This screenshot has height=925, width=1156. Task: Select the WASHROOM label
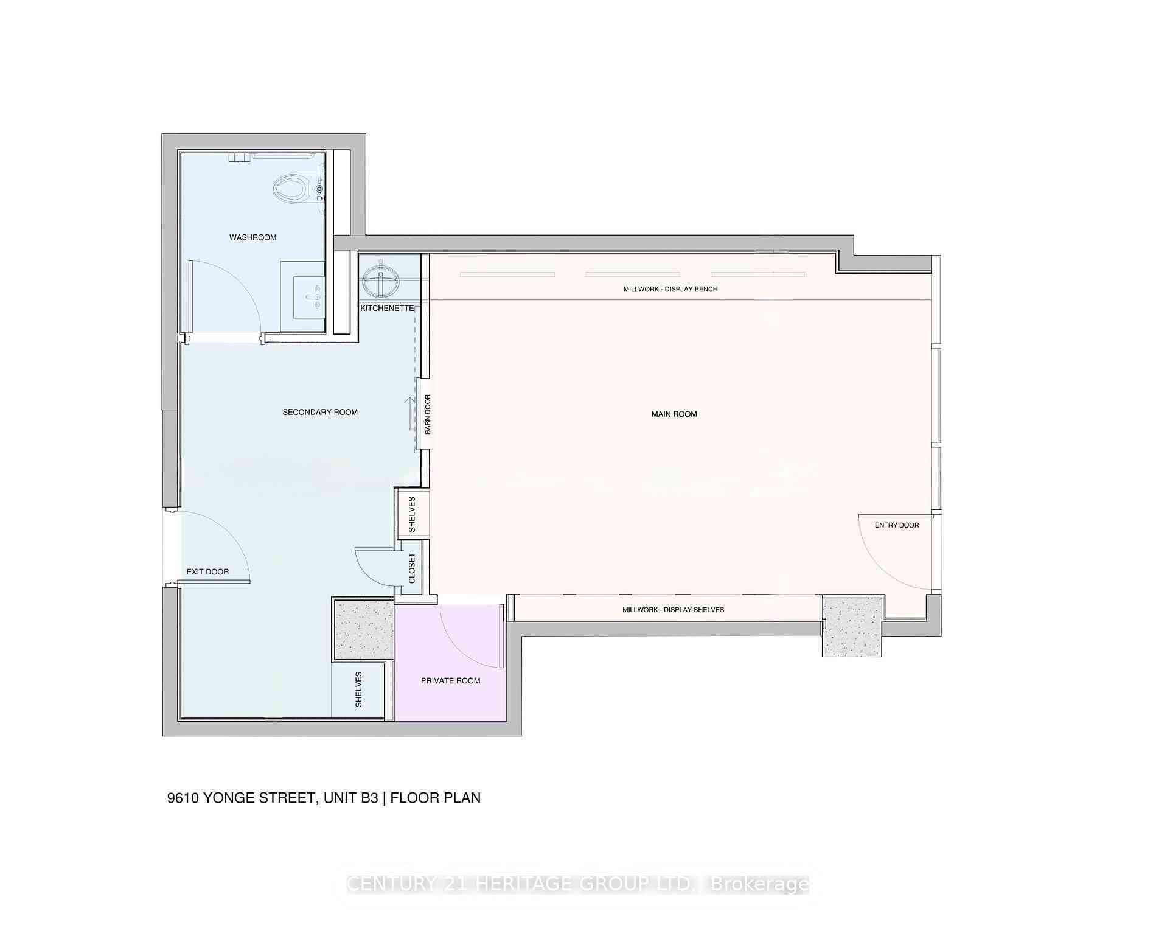252,237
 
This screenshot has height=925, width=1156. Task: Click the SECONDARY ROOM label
320,412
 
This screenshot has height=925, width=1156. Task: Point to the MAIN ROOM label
674,414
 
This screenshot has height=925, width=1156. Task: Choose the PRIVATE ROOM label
450,680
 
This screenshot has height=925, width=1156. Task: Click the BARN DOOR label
428,414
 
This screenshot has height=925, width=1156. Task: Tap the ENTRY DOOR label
896,525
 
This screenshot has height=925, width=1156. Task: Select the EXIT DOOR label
207,571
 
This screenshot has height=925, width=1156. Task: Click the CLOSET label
412,568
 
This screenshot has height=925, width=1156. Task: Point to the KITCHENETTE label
387,309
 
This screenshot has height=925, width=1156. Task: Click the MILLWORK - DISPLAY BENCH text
670,289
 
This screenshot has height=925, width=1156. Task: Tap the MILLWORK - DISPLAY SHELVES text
673,610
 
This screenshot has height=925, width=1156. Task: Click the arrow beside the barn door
411,414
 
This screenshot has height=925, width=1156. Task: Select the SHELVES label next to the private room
358,689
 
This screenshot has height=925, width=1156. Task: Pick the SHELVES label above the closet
412,514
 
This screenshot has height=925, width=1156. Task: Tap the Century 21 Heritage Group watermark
577,884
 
